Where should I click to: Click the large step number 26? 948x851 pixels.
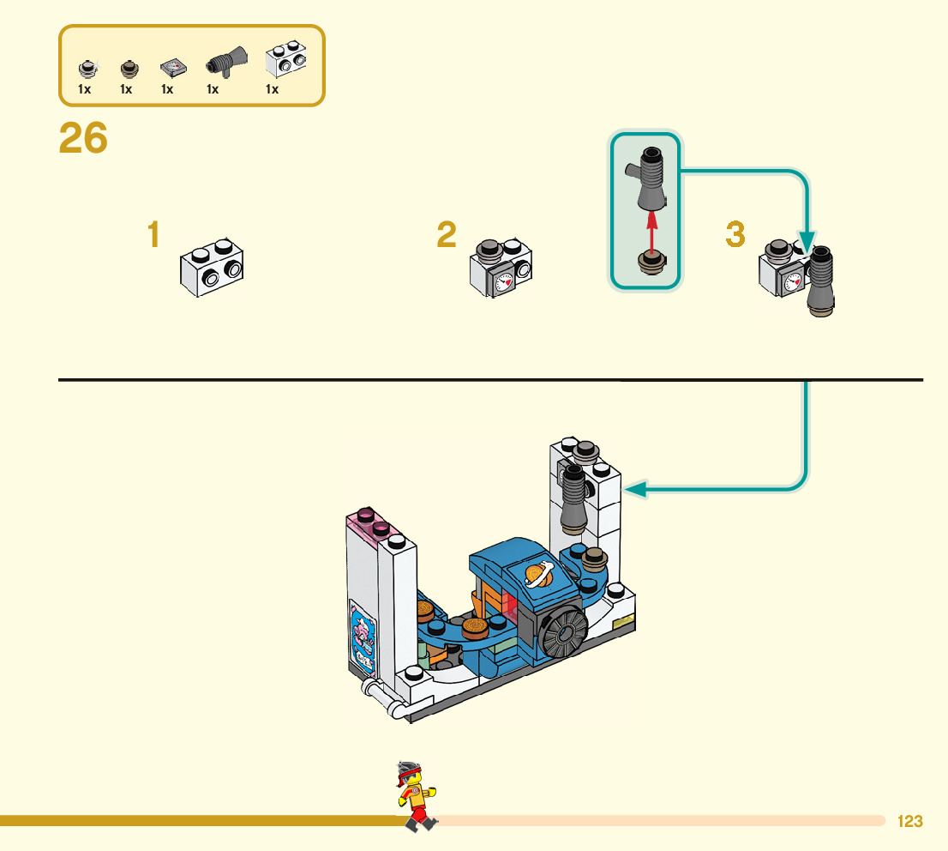tap(83, 139)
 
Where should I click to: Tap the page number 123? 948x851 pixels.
tap(909, 822)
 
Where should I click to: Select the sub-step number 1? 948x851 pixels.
tap(153, 235)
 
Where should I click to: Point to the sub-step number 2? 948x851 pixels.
tap(446, 235)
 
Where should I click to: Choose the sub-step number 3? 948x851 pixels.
tap(735, 235)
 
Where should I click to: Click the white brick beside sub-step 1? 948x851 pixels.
tap(211, 267)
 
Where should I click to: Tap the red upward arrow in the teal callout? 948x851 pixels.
tap(651, 232)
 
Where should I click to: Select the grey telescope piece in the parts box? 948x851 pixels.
tap(225, 63)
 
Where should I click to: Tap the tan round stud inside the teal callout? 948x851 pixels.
tap(651, 263)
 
